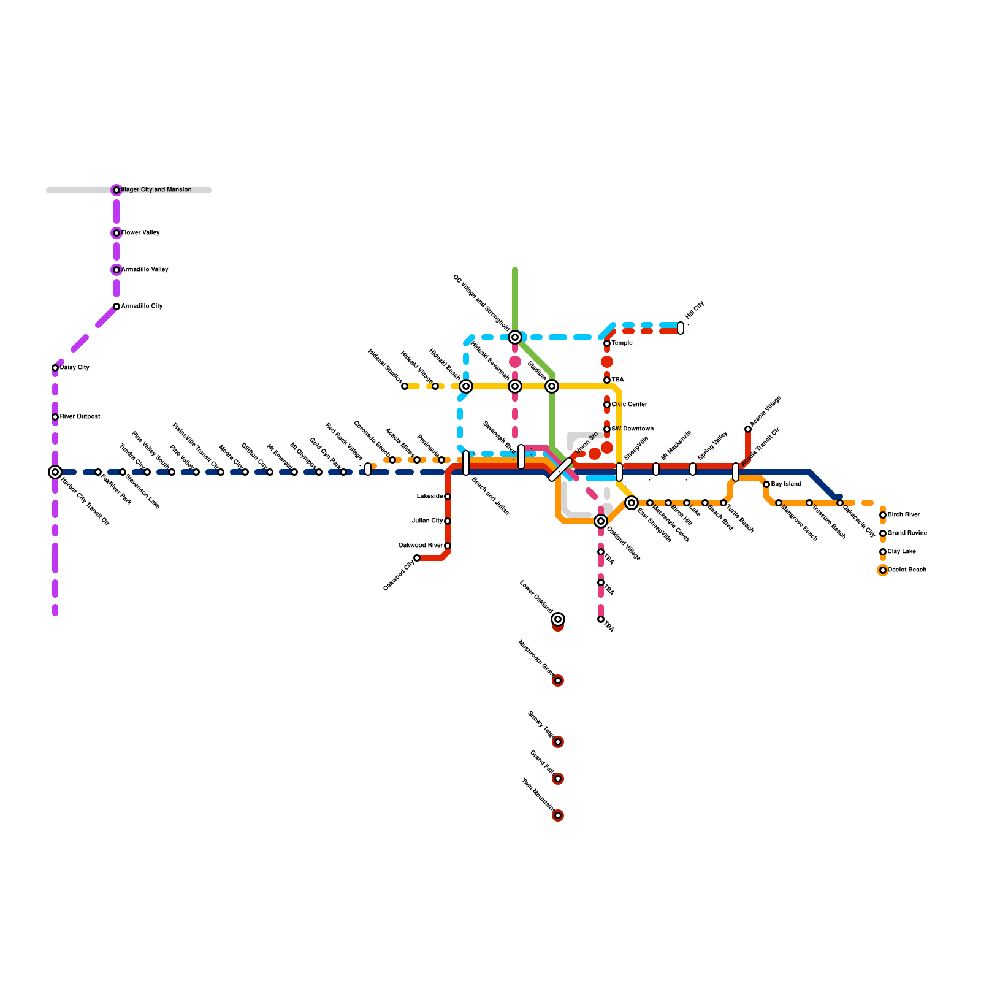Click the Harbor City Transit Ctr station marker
(55, 472)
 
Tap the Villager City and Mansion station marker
(116, 190)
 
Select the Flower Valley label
(140, 233)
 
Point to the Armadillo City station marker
(116, 307)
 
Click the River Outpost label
(80, 417)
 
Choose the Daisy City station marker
(55, 368)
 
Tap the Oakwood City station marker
(417, 558)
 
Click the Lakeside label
(430, 497)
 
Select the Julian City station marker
(448, 521)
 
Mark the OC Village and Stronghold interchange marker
(515, 337)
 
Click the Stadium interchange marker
(552, 386)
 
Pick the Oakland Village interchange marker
(601, 521)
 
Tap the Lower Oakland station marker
(558, 619)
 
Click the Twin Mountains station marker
(558, 815)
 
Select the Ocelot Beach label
(907, 570)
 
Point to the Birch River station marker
(883, 515)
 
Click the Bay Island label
(786, 484)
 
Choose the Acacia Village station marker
(748, 429)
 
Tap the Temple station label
(622, 343)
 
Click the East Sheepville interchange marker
(632, 503)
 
